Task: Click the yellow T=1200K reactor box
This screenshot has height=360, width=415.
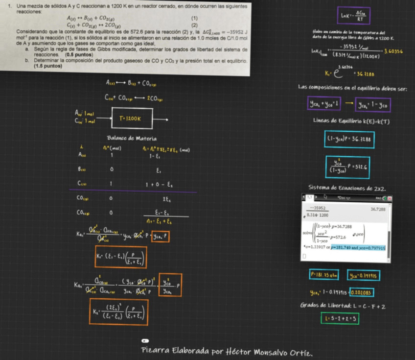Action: coord(130,119)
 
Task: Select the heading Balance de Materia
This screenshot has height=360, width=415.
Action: coord(132,138)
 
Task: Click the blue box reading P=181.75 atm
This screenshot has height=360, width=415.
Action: coord(325,275)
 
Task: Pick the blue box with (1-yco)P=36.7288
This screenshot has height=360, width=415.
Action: coord(349,139)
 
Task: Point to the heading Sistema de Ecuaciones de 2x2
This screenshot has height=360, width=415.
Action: coord(347,188)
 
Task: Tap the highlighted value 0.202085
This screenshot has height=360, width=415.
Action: coord(360,293)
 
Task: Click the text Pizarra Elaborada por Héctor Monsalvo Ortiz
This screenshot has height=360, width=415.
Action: coord(227,352)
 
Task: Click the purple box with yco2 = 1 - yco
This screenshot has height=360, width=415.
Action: coord(373,104)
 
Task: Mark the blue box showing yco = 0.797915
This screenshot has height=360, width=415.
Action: coord(363,276)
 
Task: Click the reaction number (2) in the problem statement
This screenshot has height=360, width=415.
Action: coord(194,25)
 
